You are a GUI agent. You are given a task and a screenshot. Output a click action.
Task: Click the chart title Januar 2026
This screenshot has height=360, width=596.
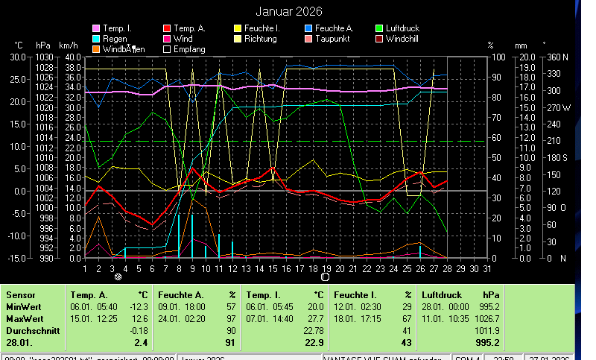click(289, 11)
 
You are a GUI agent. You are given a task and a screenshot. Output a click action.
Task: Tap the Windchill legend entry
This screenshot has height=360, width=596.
click(407, 38)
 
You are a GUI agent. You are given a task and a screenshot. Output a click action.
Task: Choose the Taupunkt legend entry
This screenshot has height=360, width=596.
click(335, 38)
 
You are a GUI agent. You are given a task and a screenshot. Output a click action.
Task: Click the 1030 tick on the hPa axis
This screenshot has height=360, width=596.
click(44, 57)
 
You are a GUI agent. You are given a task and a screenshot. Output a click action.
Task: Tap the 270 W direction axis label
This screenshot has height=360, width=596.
click(558, 107)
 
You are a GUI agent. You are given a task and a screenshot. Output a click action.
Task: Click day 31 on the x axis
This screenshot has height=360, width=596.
click(487, 268)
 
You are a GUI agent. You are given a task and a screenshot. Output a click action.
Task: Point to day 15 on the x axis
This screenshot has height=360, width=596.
click(273, 268)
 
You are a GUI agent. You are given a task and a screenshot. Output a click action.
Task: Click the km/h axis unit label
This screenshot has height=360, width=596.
click(68, 45)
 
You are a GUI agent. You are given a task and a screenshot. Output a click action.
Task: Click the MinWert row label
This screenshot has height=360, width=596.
click(23, 306)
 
